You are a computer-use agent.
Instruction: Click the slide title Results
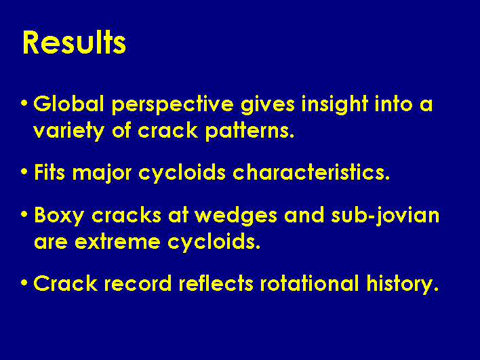click(x=74, y=42)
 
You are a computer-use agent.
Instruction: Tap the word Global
click(x=68, y=104)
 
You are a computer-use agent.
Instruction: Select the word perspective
click(x=173, y=105)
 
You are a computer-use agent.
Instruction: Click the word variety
click(x=69, y=132)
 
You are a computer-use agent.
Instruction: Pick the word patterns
click(x=249, y=132)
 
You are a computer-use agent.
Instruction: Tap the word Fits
click(x=49, y=172)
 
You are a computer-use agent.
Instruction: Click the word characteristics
click(x=311, y=172)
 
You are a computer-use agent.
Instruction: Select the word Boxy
click(x=59, y=216)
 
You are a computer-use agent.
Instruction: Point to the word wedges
click(x=236, y=216)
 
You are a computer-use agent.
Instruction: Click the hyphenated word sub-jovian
click(x=385, y=216)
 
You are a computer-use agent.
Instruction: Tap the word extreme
click(x=117, y=242)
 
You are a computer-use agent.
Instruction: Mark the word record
click(x=138, y=283)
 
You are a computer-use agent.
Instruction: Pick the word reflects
click(x=216, y=283)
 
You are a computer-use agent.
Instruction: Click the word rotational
click(x=309, y=283)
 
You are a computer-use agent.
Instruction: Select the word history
click(x=403, y=284)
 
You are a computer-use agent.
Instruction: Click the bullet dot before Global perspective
click(x=24, y=102)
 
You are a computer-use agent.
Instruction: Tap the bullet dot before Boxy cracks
click(x=24, y=214)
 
